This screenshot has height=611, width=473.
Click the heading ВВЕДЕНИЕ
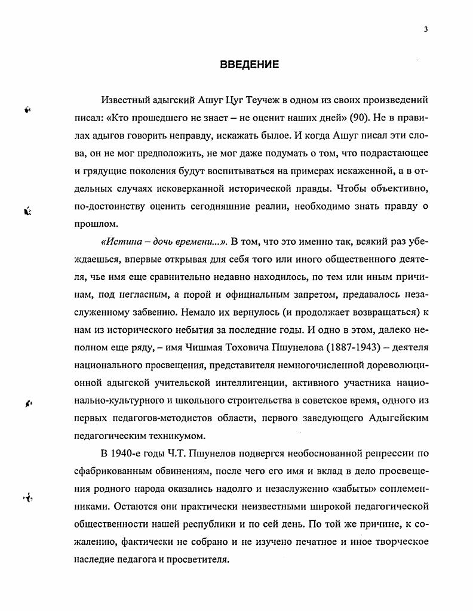point(249,65)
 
